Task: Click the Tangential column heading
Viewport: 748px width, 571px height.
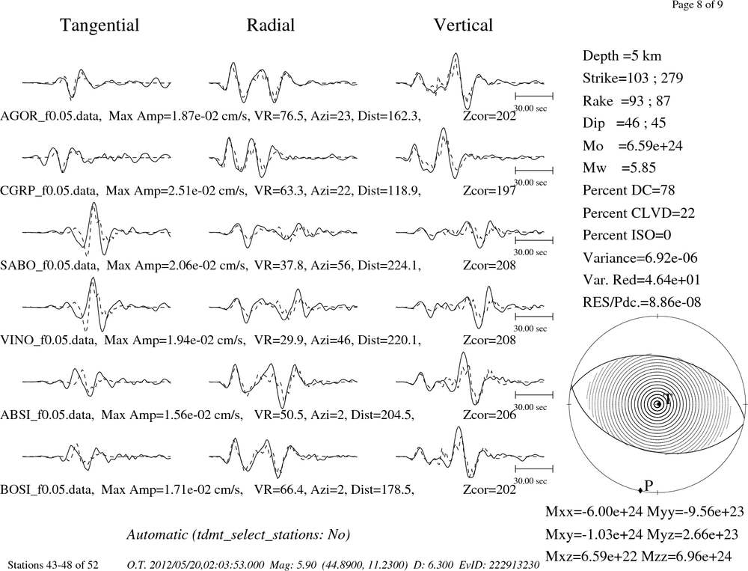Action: point(99,25)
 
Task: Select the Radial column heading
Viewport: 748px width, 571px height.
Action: point(271,25)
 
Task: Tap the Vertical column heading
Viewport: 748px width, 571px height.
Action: point(463,25)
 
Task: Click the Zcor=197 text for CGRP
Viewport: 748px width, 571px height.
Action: point(489,191)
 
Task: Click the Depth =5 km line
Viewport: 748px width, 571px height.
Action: point(622,56)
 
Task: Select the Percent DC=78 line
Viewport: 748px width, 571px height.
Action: point(628,190)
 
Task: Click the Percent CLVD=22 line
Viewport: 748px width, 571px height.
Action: point(638,213)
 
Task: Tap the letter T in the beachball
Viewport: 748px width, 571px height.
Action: point(668,399)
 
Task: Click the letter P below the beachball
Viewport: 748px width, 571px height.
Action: point(649,486)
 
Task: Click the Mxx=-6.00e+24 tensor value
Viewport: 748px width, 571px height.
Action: point(594,512)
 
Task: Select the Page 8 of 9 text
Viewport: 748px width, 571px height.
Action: point(697,4)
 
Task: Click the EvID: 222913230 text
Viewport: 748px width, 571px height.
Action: point(499,565)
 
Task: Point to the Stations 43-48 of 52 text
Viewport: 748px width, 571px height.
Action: point(53,565)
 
